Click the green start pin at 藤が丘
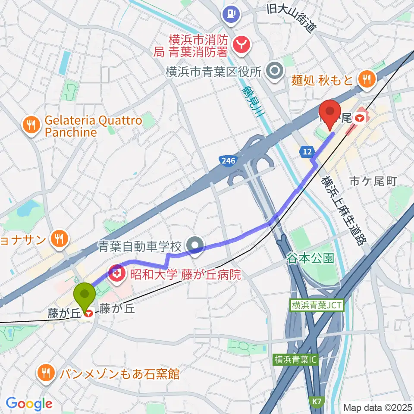(x=85, y=295)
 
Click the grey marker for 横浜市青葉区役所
(x=273, y=71)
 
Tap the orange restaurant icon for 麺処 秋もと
(x=367, y=78)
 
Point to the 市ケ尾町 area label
(x=373, y=181)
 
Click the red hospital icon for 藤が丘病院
(x=116, y=273)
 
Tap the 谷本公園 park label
(x=311, y=258)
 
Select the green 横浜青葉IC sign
(x=295, y=359)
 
